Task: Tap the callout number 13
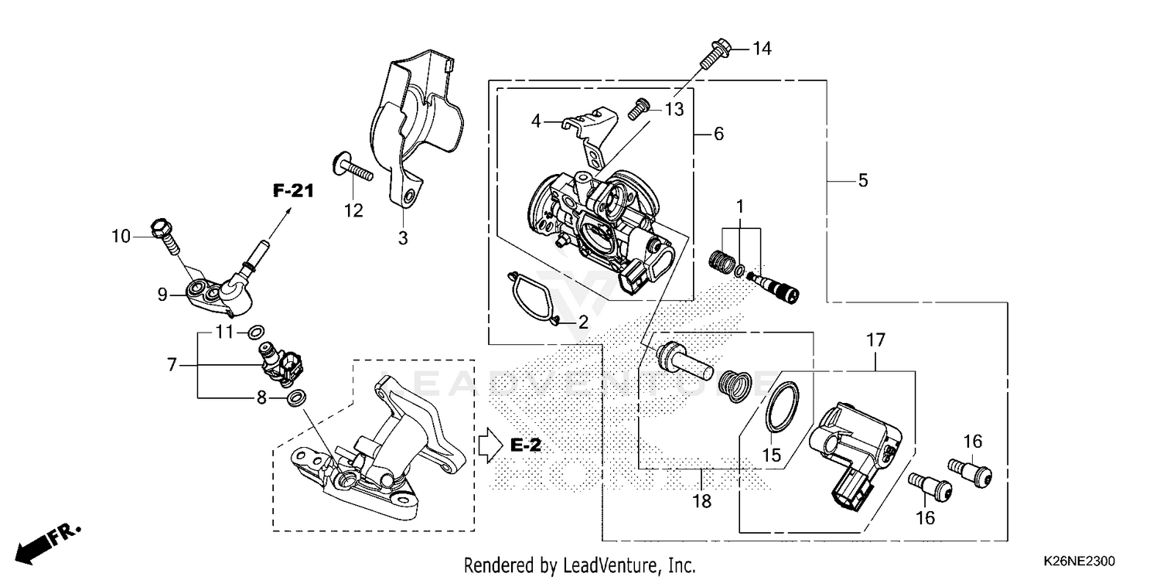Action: [674, 110]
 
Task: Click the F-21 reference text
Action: [292, 190]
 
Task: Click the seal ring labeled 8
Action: [295, 398]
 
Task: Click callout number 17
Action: [875, 339]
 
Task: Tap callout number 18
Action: [701, 501]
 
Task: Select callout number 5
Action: [863, 181]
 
